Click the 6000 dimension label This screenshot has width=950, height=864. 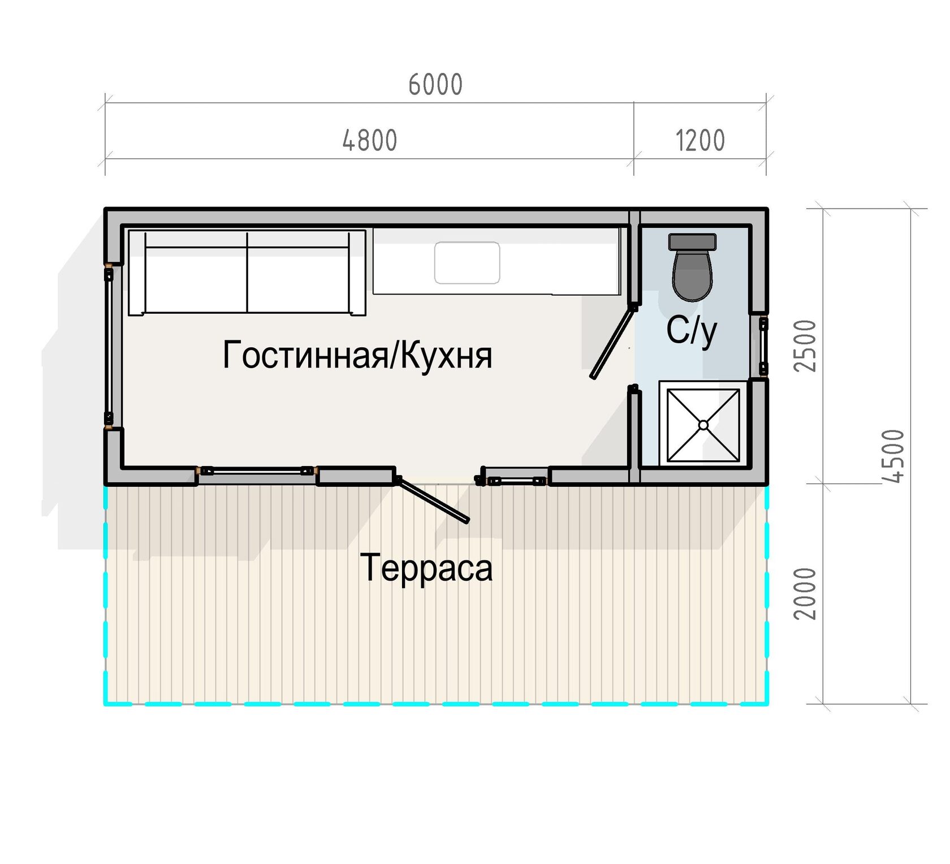coord(435,85)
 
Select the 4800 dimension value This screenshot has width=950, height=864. coord(370,140)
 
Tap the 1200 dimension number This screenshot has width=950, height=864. coord(700,140)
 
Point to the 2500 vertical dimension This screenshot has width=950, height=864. coord(806,345)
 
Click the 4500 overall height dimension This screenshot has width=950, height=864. coord(893,456)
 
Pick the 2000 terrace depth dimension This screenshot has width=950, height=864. coord(806,594)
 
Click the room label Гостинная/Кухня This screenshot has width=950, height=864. coord(357,355)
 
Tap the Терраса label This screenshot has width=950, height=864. coord(426,568)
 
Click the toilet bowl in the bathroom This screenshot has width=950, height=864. coord(692,275)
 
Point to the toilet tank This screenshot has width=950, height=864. coord(692,241)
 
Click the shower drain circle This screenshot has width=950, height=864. coord(703,425)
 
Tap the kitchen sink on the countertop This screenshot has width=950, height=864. coord(467,263)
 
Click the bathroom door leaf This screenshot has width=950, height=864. coord(613,343)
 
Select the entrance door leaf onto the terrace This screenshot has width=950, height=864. coord(433,500)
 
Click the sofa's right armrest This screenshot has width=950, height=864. coord(357,273)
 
